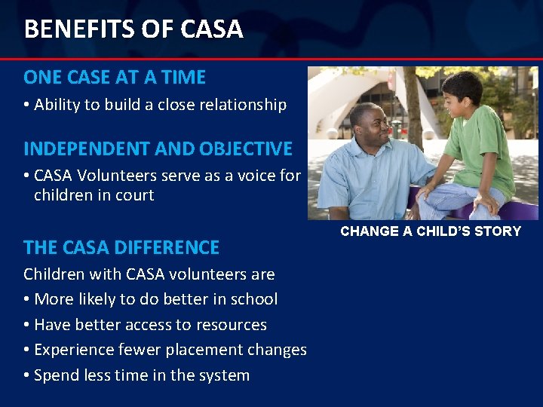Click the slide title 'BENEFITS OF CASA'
133,29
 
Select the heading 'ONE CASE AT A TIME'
115,78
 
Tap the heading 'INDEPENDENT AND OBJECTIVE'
158,148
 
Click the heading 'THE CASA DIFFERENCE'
121,247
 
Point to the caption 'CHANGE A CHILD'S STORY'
431,231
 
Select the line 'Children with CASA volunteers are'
149,274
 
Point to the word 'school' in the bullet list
253,299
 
